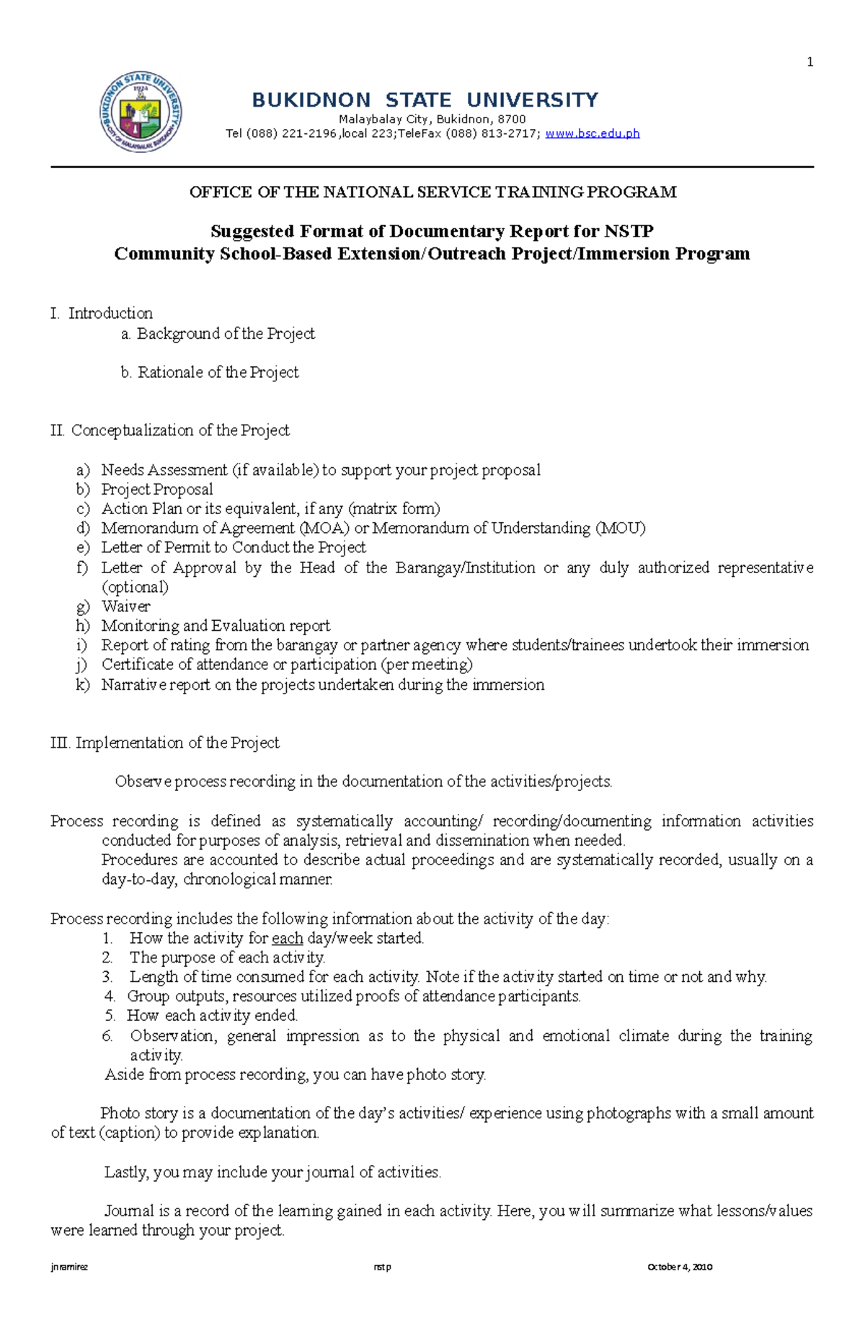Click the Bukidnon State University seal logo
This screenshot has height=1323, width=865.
click(x=141, y=112)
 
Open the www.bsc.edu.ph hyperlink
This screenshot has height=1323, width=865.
click(x=593, y=133)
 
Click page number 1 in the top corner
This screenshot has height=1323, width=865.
click(x=809, y=63)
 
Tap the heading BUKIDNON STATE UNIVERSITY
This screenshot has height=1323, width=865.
click(x=425, y=100)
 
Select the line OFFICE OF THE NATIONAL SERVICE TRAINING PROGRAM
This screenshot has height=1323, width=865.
click(x=432, y=192)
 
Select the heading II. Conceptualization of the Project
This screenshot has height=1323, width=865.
click(x=170, y=430)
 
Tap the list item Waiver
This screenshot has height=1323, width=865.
click(x=125, y=606)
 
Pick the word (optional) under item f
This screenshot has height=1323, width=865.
click(x=135, y=587)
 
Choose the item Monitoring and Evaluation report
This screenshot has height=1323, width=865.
click(x=216, y=626)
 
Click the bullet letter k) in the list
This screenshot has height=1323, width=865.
click(x=83, y=685)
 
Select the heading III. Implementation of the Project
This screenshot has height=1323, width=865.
click(x=165, y=743)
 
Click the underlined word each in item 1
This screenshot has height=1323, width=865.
click(x=287, y=939)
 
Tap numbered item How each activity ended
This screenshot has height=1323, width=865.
click(x=212, y=1016)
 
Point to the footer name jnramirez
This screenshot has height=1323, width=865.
click(x=69, y=1267)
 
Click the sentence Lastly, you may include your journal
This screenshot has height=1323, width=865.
click(x=272, y=1172)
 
